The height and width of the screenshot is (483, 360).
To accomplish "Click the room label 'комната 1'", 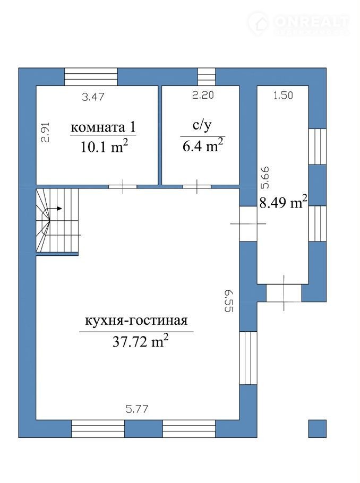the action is click(103, 127).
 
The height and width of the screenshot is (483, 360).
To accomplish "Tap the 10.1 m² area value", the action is click(104, 146).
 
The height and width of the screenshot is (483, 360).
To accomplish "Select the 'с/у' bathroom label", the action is click(202, 126).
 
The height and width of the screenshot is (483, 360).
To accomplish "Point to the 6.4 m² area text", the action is click(203, 145).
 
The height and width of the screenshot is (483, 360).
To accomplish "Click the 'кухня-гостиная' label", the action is click(136, 321).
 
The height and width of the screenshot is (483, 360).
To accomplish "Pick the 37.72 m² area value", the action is click(141, 341).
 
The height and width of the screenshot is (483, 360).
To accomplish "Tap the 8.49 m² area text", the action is click(283, 202).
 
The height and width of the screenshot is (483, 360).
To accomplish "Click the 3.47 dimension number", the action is click(93, 97).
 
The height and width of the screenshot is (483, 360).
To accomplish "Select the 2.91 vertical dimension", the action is click(45, 133).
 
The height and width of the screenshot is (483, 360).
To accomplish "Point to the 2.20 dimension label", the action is click(203, 95).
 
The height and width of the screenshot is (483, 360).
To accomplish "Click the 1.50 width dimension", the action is click(283, 96).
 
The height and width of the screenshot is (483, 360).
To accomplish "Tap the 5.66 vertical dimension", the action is click(265, 177).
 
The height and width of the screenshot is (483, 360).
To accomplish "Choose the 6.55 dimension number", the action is click(228, 301).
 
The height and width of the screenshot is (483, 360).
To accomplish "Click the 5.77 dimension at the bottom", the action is click(137, 409).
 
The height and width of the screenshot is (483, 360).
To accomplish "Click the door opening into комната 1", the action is click(123, 187).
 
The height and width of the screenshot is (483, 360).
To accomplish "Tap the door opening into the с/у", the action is click(197, 187).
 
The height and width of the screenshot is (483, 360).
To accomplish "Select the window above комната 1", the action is click(91, 77).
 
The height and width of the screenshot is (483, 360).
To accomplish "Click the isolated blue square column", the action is click(318, 428).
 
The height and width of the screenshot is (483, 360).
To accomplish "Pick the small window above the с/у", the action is click(207, 77).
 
